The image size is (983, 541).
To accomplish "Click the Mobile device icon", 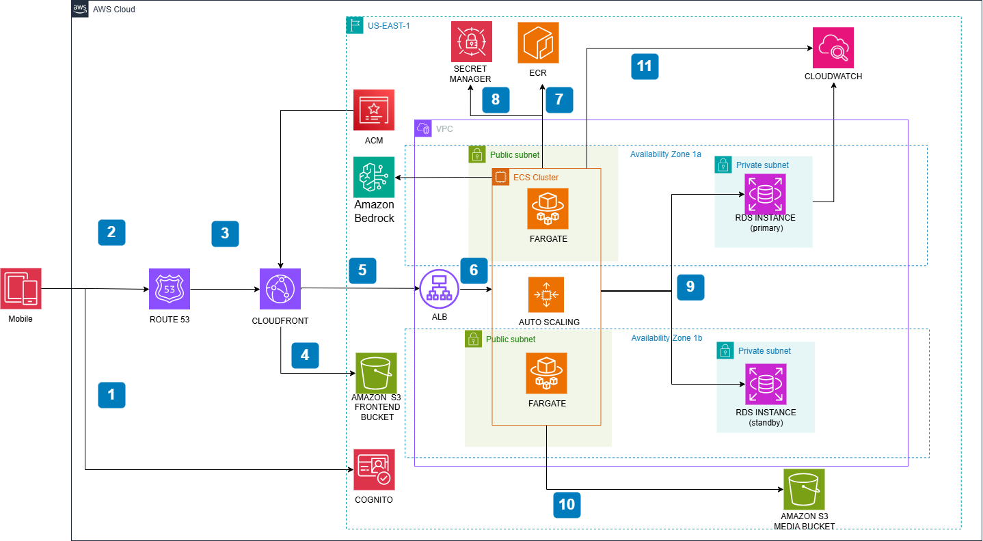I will pyautogui.click(x=21, y=288).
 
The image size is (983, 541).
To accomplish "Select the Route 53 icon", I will pyautogui.click(x=170, y=289).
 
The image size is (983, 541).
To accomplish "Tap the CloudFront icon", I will pyautogui.click(x=280, y=289).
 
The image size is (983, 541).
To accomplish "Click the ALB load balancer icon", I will pyautogui.click(x=437, y=289).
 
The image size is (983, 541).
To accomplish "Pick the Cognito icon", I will pyautogui.click(x=374, y=470).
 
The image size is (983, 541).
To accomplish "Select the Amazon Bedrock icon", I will pyautogui.click(x=374, y=177).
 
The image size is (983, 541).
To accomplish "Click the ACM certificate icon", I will pyautogui.click(x=373, y=110).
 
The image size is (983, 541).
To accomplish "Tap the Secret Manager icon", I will pyautogui.click(x=471, y=42).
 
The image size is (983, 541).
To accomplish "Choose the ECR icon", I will pyautogui.click(x=538, y=42).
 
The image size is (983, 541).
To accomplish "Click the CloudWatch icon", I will pyautogui.click(x=833, y=48).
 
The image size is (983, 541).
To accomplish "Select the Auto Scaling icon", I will pyautogui.click(x=546, y=294).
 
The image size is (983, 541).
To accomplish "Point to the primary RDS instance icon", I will pyautogui.click(x=766, y=194).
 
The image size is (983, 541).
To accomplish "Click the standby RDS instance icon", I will pyautogui.click(x=766, y=384).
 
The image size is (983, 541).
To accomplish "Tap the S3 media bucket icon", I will pyautogui.click(x=804, y=489).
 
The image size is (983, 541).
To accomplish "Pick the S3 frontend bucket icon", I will pyautogui.click(x=375, y=373).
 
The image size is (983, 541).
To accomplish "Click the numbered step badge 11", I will pyautogui.click(x=645, y=66).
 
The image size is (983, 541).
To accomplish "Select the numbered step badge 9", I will pyautogui.click(x=690, y=287).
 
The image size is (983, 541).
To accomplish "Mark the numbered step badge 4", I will pyautogui.click(x=305, y=355).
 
